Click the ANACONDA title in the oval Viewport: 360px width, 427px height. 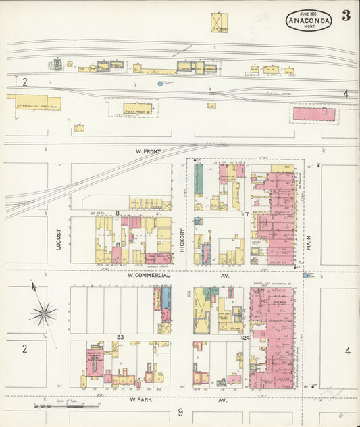[x=309, y=21]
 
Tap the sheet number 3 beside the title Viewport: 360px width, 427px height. [x=346, y=16]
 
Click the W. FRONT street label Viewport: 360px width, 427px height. [x=148, y=151]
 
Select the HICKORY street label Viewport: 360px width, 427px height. [x=182, y=241]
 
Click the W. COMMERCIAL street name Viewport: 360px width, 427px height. [x=149, y=276]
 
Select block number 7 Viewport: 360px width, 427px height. [x=247, y=214]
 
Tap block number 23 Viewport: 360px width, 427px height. [x=120, y=336]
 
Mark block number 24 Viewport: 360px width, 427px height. [x=246, y=337]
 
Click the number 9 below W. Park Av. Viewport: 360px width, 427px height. [x=180, y=412]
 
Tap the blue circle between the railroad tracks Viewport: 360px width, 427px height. [x=160, y=84]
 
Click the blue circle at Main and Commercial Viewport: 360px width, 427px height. [x=305, y=275]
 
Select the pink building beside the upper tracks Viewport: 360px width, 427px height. [x=313, y=114]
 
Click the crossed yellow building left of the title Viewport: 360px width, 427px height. [x=219, y=22]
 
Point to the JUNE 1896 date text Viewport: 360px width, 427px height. [x=309, y=13]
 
